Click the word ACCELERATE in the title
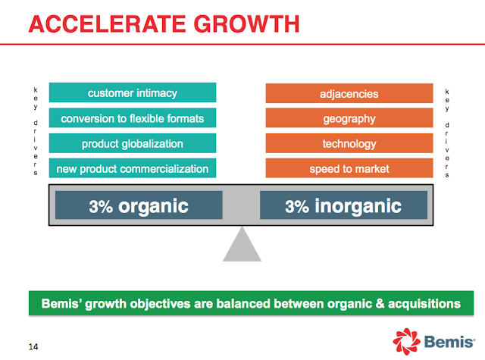pyautogui.click(x=107, y=23)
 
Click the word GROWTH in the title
pyautogui.click(x=246, y=23)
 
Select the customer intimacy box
pyautogui.click(x=133, y=92)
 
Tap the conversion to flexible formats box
pyautogui.click(x=133, y=117)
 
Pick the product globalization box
pyautogui.click(x=133, y=143)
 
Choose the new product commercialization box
pyautogui.click(x=133, y=168)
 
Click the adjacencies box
pyautogui.click(x=349, y=93)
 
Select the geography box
pyautogui.click(x=349, y=117)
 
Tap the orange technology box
pyautogui.click(x=349, y=143)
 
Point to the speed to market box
pyautogui.click(x=349, y=168)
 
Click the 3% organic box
pyautogui.click(x=139, y=205)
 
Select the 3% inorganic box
pyautogui.click(x=343, y=205)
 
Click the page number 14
pyautogui.click(x=33, y=346)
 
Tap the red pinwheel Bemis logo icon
pyautogui.click(x=406, y=342)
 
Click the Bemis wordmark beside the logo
pyautogui.click(x=449, y=342)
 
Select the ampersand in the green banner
pyautogui.click(x=380, y=304)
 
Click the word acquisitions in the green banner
pyautogui.click(x=424, y=304)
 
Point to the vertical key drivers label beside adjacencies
pyautogui.click(x=447, y=133)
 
